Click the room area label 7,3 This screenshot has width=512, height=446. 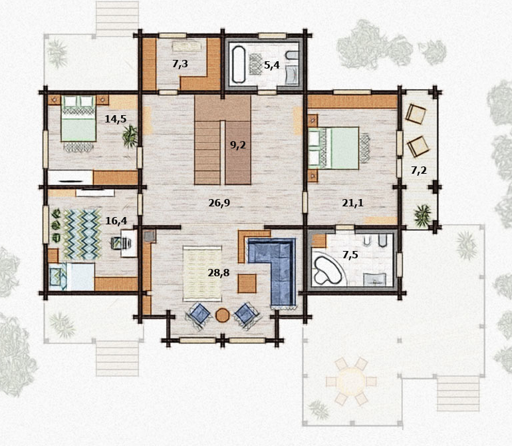[180, 64]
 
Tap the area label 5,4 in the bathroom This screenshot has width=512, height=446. [272, 65]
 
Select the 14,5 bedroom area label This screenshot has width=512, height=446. [115, 118]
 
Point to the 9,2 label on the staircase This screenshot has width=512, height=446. [238, 145]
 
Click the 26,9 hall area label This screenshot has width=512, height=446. [219, 203]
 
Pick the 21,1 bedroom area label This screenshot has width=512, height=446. [352, 203]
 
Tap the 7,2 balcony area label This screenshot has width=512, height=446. [419, 170]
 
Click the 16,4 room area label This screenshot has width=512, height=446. [116, 221]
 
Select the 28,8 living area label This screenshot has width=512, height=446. [219, 272]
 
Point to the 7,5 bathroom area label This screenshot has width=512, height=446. [350, 255]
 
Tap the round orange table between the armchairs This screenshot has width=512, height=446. [223, 316]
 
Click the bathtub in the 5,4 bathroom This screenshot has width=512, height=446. [239, 64]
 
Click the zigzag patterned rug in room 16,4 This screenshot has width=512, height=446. [82, 234]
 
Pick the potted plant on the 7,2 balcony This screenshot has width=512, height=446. [422, 215]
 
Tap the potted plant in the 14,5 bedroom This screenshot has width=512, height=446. [130, 136]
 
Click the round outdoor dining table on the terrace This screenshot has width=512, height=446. [351, 381]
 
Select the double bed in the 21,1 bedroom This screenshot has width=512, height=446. [333, 148]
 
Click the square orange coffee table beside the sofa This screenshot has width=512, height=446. [247, 284]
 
